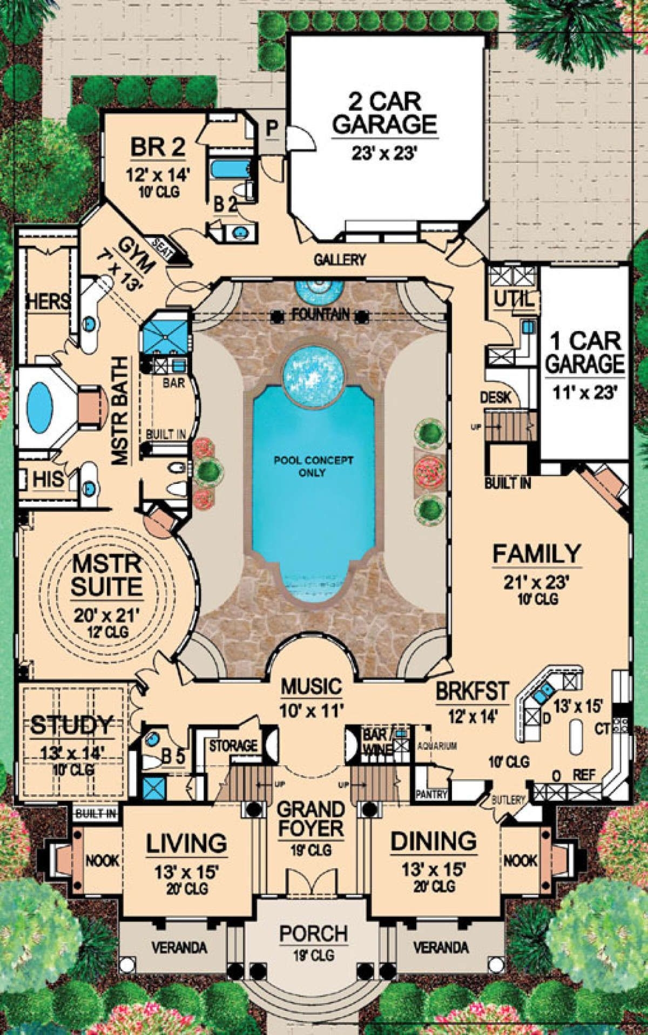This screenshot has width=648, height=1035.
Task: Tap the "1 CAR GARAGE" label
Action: [584, 353]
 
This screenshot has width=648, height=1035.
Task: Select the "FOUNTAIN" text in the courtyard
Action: [319, 314]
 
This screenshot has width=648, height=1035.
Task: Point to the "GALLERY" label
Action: [340, 260]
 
